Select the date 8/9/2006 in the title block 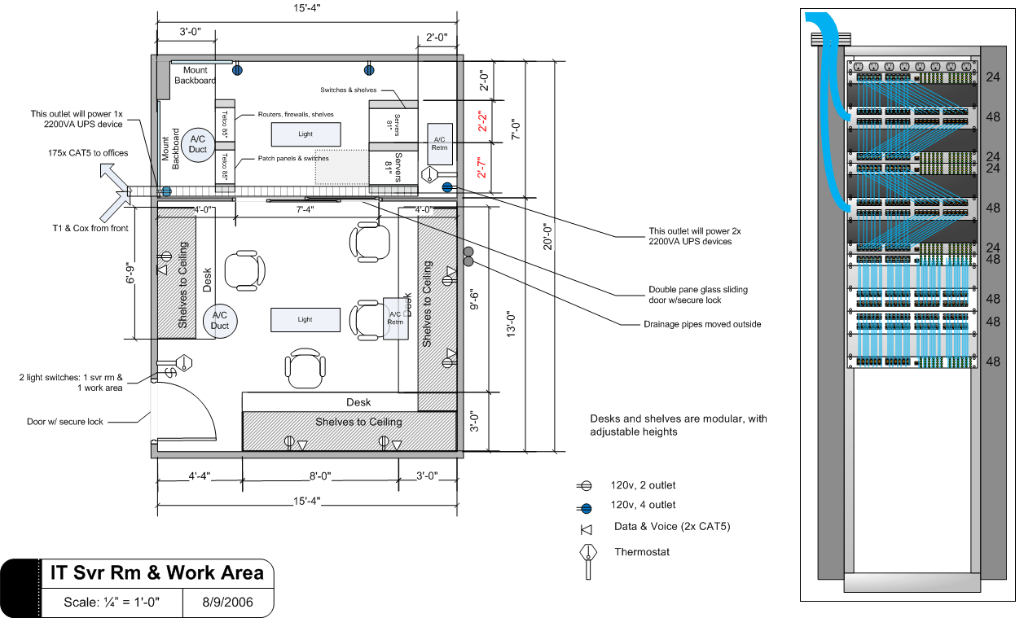(227, 603)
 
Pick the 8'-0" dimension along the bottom (319, 476)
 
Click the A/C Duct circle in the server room (196, 144)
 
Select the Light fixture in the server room (305, 134)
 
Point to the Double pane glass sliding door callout (697, 295)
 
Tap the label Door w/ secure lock (65, 422)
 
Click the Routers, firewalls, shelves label (296, 115)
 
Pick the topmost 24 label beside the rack (992, 77)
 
